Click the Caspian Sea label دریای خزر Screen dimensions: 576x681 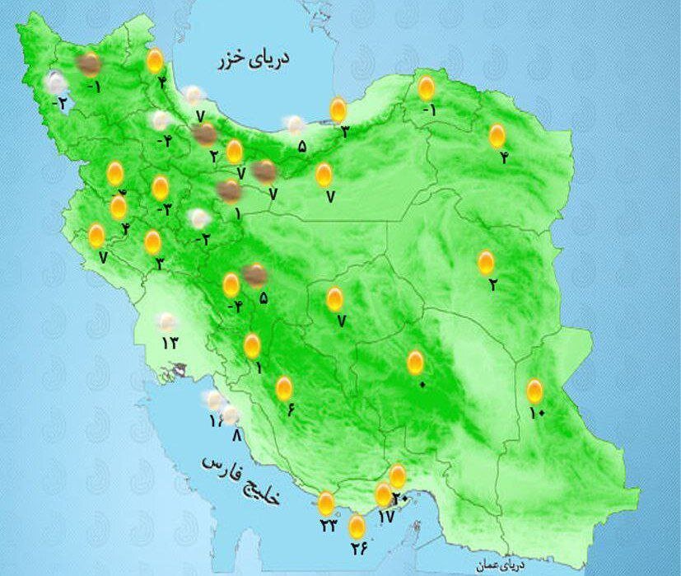pyautogui.click(x=255, y=59)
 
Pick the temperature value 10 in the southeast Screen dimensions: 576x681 pyautogui.click(x=537, y=413)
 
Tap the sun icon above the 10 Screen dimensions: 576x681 pyautogui.click(x=534, y=391)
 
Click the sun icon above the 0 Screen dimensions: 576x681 pyautogui.click(x=416, y=363)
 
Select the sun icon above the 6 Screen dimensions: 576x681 pyautogui.click(x=284, y=388)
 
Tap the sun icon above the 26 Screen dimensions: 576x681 pyautogui.click(x=357, y=526)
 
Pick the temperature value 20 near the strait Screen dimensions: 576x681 pyautogui.click(x=400, y=497)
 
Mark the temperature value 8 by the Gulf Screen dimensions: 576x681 pyautogui.click(x=237, y=435)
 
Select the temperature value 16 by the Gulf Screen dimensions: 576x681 pyautogui.click(x=216, y=421)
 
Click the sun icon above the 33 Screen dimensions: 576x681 pyautogui.click(x=327, y=503)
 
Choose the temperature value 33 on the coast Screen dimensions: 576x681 pyautogui.click(x=329, y=526)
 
